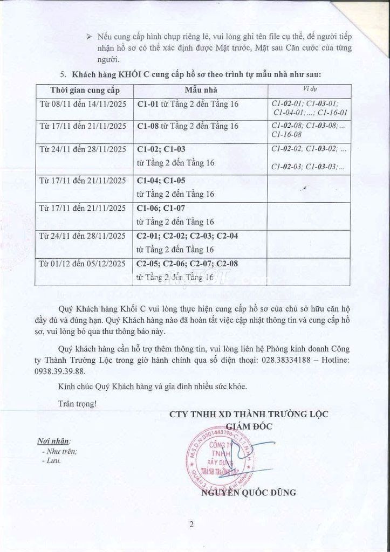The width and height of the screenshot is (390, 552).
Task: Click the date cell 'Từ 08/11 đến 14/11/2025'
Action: point(83,103)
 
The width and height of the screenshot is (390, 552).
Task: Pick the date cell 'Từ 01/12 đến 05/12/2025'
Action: point(83,264)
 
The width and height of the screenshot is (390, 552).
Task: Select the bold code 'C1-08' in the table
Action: point(147,126)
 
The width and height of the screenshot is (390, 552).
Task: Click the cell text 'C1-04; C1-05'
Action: point(161,181)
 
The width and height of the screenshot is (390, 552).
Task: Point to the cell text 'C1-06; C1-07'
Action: point(161,209)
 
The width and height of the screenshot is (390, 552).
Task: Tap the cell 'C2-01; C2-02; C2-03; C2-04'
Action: point(187,236)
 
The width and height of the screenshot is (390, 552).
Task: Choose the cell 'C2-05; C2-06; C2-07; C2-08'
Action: point(187,264)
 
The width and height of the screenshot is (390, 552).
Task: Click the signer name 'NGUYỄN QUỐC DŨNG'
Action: point(248,493)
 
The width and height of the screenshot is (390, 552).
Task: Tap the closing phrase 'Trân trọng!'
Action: point(78,402)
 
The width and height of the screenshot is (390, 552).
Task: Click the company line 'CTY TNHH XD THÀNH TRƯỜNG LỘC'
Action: point(249,415)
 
